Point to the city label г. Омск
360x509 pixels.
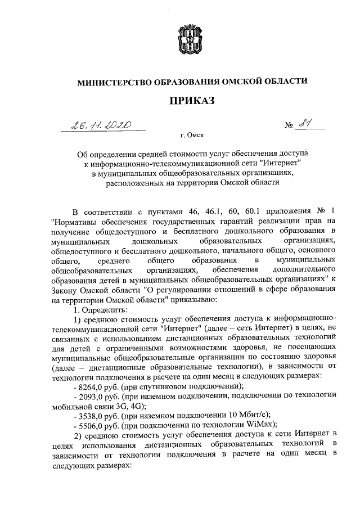192,136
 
